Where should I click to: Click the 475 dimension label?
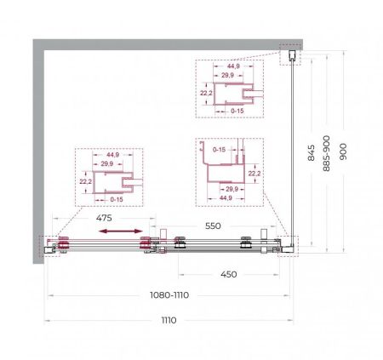pos(104,218)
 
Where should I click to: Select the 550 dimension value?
pos(213,226)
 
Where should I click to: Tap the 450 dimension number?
pos(229,274)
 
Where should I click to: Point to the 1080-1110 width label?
pos(169,295)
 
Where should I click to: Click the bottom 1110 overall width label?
pos(169,320)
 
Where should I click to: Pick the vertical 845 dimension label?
pos(312,152)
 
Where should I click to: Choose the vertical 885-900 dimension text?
pos(327,153)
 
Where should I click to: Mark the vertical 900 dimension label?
pos(343,151)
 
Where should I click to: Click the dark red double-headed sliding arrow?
pos(121,231)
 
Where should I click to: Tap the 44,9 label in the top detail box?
pos(233,66)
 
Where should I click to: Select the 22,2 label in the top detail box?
pos(206,93)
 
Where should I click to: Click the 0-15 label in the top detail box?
pos(237,111)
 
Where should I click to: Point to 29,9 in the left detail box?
pos(107,163)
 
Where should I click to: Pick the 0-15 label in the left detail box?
pos(117,199)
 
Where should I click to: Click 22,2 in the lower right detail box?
pos(254,174)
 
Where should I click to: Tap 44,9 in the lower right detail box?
pos(226,198)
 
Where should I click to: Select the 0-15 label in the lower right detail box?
pos(219,150)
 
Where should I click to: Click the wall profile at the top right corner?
pos(292,55)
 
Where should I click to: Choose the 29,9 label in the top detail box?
pos(228,75)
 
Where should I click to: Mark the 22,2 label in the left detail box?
pos(85,181)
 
